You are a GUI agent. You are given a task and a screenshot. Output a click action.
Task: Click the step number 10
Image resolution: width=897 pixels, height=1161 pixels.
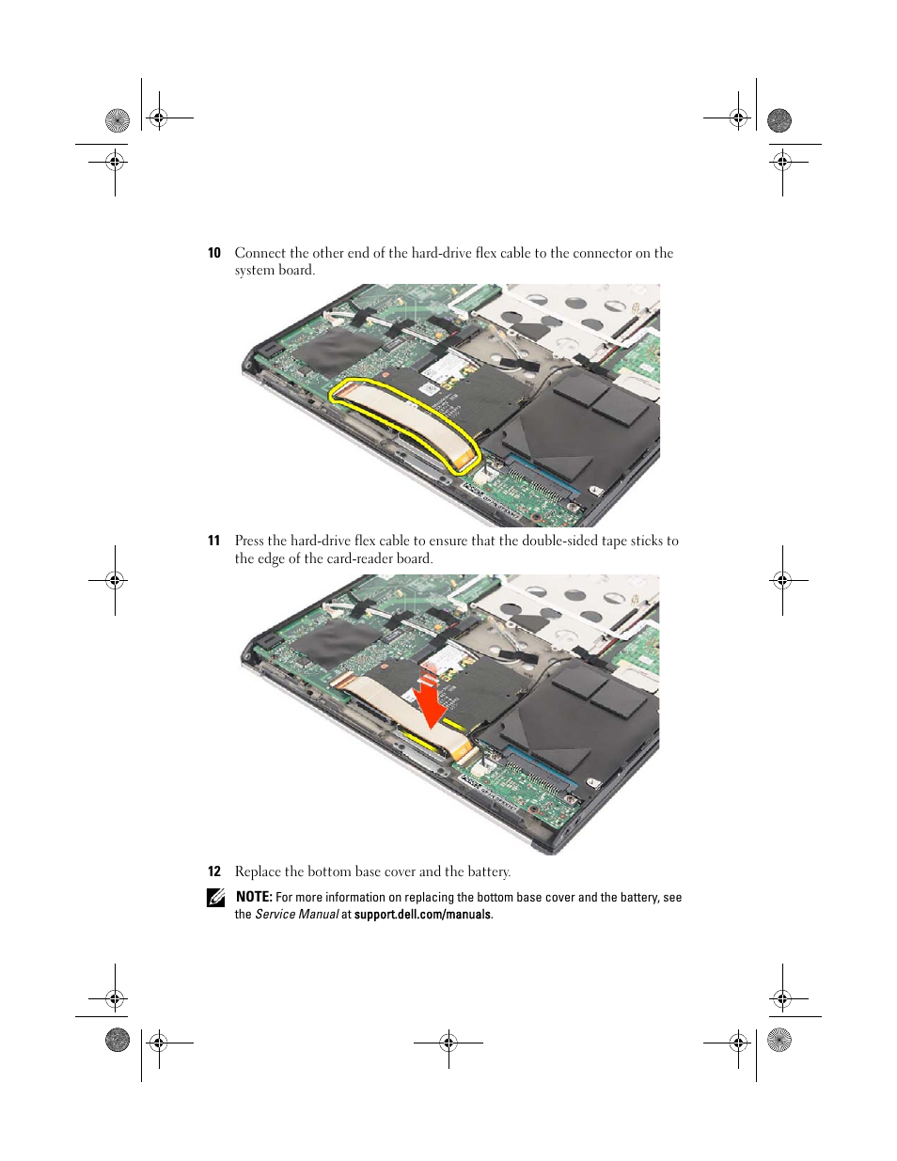(x=213, y=253)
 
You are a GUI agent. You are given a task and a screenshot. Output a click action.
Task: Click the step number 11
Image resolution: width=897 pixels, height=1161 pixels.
(x=213, y=541)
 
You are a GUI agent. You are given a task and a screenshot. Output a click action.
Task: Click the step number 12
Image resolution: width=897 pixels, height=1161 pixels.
(x=213, y=871)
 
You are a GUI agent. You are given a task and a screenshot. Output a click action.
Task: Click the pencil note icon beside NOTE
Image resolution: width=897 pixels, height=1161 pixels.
(x=215, y=898)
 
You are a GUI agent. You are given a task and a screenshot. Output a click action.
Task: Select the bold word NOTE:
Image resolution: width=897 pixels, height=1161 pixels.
(x=254, y=897)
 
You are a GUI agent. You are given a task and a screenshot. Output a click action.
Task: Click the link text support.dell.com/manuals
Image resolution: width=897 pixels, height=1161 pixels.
(x=422, y=915)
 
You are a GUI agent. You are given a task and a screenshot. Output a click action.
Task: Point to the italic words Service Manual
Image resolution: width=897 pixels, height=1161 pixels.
(x=296, y=915)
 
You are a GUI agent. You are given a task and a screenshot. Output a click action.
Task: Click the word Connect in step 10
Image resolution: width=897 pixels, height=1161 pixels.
(x=260, y=253)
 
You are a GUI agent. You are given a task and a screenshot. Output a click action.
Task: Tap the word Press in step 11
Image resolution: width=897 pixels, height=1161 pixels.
(x=249, y=541)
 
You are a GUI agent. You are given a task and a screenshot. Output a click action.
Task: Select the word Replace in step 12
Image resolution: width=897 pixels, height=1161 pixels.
(x=258, y=871)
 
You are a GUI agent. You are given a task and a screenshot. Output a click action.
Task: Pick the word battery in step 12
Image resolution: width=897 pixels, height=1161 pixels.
(x=487, y=871)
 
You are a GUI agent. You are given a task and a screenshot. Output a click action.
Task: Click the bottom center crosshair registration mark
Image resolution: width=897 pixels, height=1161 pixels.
(x=448, y=1042)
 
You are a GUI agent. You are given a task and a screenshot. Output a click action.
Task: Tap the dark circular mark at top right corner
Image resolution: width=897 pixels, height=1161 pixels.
(x=779, y=120)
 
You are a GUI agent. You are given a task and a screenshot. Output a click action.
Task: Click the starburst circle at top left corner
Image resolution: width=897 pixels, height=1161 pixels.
(x=118, y=120)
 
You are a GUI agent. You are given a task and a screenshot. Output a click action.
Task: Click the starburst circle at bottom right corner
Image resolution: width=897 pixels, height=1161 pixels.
(x=779, y=1040)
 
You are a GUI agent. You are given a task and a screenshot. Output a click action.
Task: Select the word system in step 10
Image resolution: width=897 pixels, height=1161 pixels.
(x=254, y=271)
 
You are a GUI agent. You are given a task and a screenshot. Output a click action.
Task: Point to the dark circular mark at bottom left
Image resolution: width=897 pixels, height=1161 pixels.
(x=118, y=1040)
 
